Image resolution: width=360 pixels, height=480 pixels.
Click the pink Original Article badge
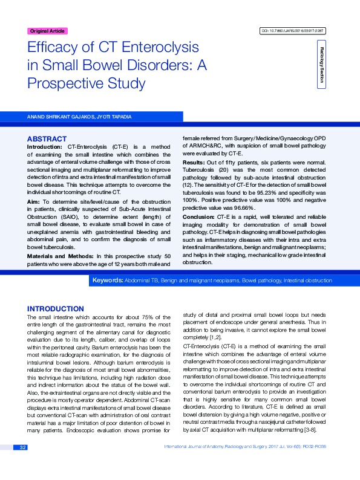[48, 31]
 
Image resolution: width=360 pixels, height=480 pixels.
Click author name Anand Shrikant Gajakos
[57, 115]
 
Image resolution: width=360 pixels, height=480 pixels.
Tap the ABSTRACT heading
[47, 138]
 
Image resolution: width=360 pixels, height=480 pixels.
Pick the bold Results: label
[194, 163]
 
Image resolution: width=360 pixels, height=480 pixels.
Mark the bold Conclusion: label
[198, 216]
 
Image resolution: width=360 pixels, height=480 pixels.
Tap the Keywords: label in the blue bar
[107, 281]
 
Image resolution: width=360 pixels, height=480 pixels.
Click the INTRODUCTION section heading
[56, 308]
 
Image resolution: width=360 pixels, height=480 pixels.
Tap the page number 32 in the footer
[22, 464]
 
